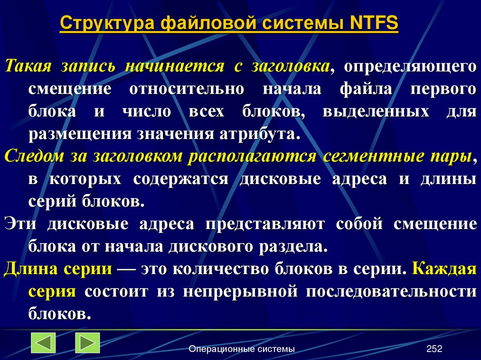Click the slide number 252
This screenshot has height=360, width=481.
434,349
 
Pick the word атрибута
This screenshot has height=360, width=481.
266,134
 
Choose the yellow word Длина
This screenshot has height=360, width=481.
28,269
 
